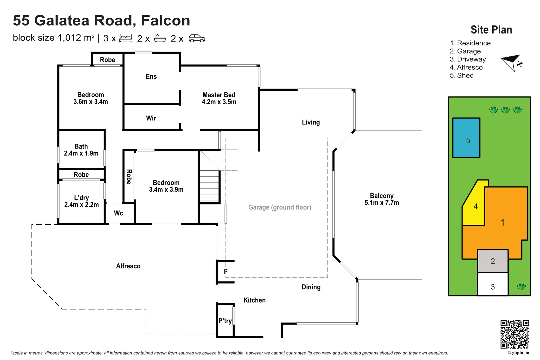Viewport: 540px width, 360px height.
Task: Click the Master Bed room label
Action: [x=219, y=98]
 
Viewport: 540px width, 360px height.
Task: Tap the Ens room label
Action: [x=151, y=77]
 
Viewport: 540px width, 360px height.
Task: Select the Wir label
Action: [x=151, y=118]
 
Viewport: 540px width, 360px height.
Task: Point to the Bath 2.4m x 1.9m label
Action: [x=81, y=150]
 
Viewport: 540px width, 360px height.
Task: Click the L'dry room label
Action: [x=81, y=201]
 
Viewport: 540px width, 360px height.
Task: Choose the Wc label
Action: [x=118, y=213]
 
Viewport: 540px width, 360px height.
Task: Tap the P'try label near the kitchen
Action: [x=225, y=321]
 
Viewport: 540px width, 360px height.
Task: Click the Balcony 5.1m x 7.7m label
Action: [x=382, y=199]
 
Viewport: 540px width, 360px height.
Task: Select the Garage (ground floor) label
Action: [x=280, y=207]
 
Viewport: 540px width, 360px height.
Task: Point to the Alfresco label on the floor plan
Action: [x=128, y=266]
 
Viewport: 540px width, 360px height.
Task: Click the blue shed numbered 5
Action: [x=466, y=138]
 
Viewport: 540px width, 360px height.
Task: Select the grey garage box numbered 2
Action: [x=493, y=261]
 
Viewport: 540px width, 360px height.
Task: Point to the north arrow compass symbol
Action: [x=512, y=63]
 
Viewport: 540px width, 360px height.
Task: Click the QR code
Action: [x=515, y=334]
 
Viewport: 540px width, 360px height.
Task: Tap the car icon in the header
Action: [x=197, y=38]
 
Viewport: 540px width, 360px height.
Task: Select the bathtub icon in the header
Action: [x=160, y=38]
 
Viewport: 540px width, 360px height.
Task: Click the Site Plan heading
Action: [x=491, y=30]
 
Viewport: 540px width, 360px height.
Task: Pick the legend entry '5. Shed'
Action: [x=462, y=76]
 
